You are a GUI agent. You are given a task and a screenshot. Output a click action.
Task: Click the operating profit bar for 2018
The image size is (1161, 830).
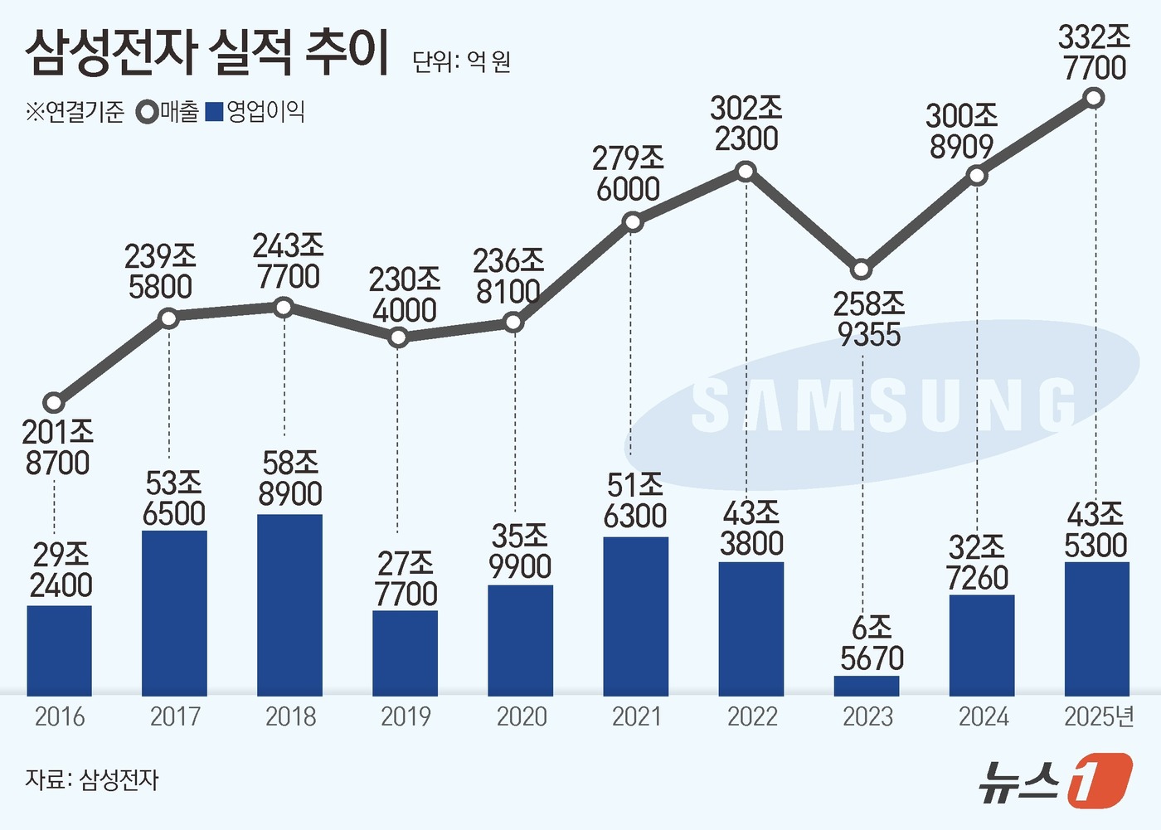[x=289, y=604]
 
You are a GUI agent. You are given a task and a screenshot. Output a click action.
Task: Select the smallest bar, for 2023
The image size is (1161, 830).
[x=867, y=686]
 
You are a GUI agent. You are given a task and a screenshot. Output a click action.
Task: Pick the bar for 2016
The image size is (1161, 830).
[x=59, y=650]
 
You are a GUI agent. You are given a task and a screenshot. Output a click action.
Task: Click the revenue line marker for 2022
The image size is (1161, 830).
[x=746, y=172]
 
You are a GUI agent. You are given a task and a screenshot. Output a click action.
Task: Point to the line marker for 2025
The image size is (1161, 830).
[x=1094, y=99]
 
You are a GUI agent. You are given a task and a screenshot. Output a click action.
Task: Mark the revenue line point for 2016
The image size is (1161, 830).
[x=54, y=403]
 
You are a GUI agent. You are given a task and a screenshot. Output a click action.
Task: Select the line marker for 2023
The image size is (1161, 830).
[x=862, y=269]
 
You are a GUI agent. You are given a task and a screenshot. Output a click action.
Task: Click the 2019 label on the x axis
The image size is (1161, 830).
[x=406, y=716]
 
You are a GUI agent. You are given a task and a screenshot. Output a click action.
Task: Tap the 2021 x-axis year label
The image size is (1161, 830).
[x=636, y=716]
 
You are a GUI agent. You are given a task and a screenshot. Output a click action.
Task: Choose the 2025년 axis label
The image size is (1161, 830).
[x=1099, y=716]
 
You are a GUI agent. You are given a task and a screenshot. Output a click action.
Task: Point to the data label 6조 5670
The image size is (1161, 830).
[x=872, y=643]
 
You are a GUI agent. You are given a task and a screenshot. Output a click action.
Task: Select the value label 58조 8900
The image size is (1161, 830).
[x=290, y=478]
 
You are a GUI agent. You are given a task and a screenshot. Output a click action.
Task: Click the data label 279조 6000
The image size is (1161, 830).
[x=628, y=174]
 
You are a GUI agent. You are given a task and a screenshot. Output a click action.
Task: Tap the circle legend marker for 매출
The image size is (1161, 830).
[x=148, y=112]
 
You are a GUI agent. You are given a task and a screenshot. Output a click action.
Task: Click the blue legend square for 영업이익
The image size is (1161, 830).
[x=214, y=112]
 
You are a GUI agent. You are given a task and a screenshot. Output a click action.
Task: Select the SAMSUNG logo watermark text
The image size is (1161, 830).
[x=883, y=405]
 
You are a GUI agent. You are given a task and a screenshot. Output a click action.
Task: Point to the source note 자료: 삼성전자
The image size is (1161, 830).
[x=91, y=779]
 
